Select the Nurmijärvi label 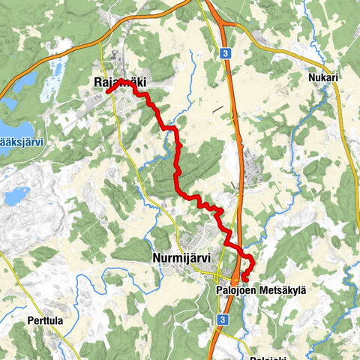tap(181, 257)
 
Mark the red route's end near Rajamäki tap(108, 91)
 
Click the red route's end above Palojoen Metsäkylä tap(244, 281)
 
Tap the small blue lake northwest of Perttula tap(16, 196)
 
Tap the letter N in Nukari tap(310, 78)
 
